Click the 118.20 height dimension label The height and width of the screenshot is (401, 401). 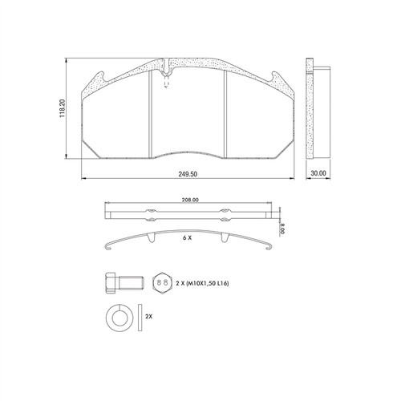coord(62,108)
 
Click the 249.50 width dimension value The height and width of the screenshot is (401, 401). coord(188,174)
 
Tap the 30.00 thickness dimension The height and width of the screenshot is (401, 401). coord(318,173)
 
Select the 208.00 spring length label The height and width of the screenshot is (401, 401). coord(190,200)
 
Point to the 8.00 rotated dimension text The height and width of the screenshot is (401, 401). coord(282,229)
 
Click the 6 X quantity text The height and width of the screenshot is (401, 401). coord(187,237)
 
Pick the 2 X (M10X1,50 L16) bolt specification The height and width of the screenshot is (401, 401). coord(202,283)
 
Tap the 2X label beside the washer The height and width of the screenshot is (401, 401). coord(148,317)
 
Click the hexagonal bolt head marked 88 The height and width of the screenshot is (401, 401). coord(162,283)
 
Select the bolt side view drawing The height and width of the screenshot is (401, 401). coord(125,283)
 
